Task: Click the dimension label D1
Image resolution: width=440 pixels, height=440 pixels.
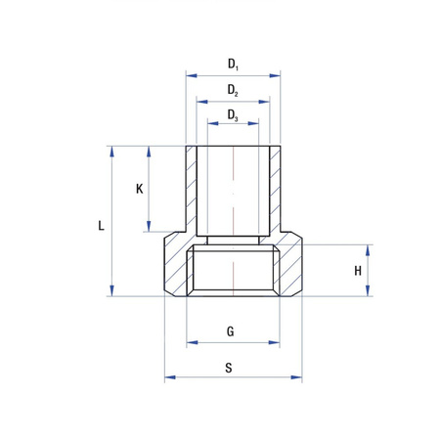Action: click(x=233, y=65)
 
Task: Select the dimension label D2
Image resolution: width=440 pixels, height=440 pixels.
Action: click(x=233, y=90)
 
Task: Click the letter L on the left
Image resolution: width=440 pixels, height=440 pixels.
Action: click(x=102, y=225)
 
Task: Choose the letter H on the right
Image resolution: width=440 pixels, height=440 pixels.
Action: click(x=358, y=270)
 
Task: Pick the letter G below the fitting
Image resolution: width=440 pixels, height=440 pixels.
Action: click(x=231, y=331)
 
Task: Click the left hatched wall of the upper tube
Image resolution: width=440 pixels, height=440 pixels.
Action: click(x=191, y=191)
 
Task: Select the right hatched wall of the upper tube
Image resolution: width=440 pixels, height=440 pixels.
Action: click(x=275, y=191)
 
